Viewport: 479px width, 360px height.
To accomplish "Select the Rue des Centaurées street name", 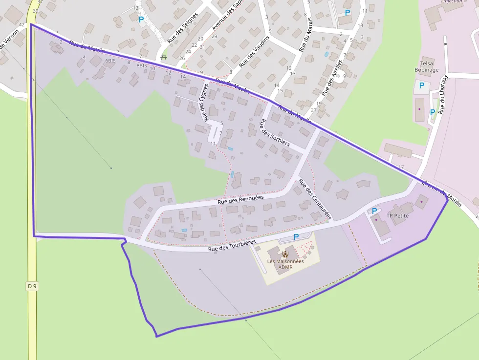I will (x=315, y=199).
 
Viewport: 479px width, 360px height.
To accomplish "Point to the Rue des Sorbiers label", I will (x=274, y=133).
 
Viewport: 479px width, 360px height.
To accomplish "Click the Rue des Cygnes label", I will (x=203, y=102).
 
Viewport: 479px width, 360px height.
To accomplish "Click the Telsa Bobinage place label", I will (x=426, y=66).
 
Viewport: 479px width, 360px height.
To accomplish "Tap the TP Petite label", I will (x=397, y=215).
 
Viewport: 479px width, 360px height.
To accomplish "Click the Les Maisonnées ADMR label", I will (x=285, y=264).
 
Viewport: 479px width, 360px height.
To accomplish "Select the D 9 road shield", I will (x=32, y=286).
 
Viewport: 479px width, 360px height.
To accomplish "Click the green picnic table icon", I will (x=164, y=57).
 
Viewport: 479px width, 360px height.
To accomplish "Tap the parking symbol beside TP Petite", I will (x=374, y=211).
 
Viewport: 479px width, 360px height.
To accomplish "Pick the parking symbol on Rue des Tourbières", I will (x=296, y=236).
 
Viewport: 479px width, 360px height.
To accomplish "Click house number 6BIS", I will (x=110, y=61).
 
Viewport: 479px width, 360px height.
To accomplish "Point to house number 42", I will (x=22, y=24).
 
